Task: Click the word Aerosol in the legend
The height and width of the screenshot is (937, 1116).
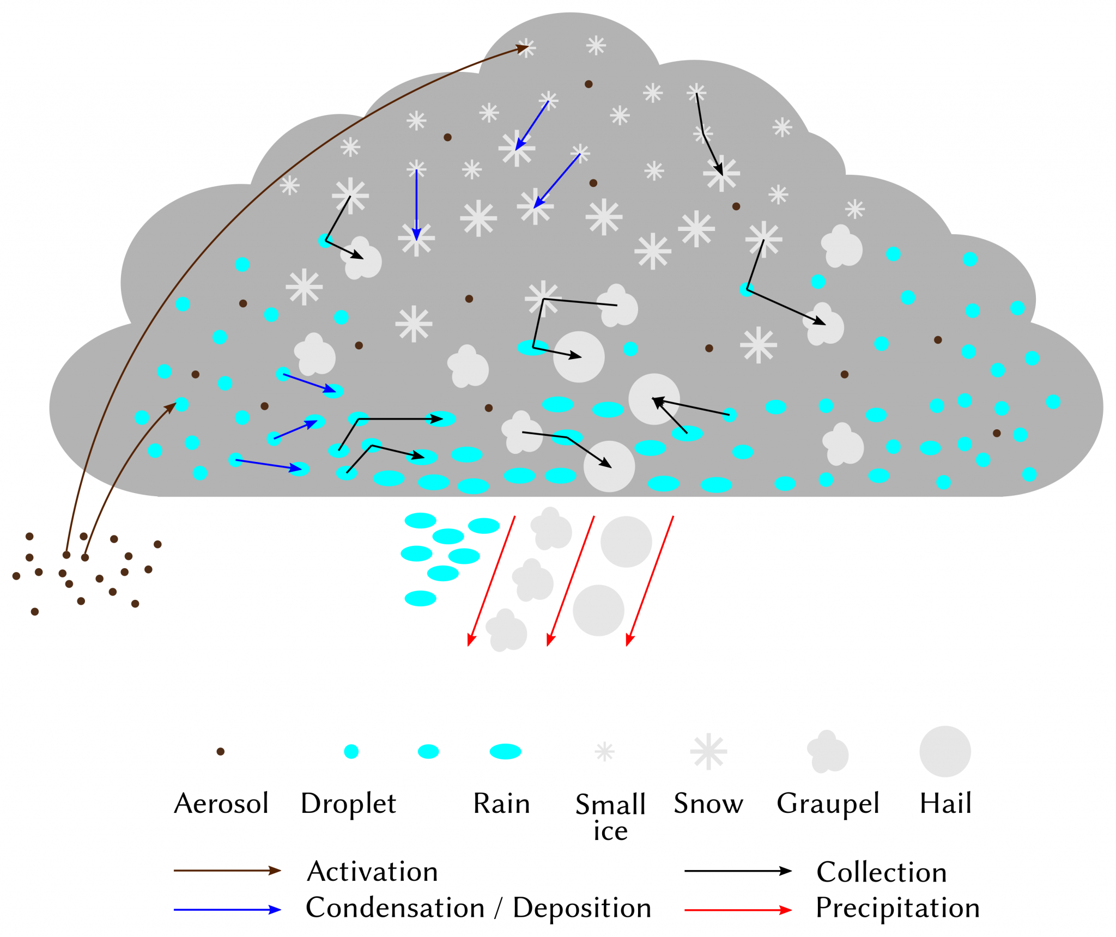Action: tap(221, 804)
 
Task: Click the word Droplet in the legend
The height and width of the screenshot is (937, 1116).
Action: tap(348, 804)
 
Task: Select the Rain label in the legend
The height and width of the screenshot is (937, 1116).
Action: tap(501, 804)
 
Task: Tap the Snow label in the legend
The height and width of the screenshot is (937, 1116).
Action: tap(708, 804)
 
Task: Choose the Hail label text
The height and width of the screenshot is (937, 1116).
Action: tap(945, 804)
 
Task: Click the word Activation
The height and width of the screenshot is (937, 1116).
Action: tap(373, 872)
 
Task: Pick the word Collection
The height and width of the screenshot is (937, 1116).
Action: tap(881, 872)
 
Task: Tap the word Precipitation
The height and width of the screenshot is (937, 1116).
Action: tap(897, 908)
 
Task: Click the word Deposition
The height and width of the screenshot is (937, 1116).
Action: tap(582, 908)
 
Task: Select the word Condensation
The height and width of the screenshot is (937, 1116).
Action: tap(395, 908)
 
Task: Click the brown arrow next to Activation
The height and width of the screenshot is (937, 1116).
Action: tap(227, 871)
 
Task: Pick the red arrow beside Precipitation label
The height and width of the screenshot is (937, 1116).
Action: tap(738, 910)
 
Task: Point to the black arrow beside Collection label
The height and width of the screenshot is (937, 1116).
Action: tap(738, 871)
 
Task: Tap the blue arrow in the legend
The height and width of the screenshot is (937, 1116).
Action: tap(227, 910)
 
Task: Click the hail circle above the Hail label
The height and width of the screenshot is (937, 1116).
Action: tap(945, 751)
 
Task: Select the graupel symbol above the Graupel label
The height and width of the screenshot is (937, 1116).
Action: tap(828, 752)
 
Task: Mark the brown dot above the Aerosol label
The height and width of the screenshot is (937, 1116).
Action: tap(221, 751)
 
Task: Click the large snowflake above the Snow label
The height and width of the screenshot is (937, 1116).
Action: tap(708, 751)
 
